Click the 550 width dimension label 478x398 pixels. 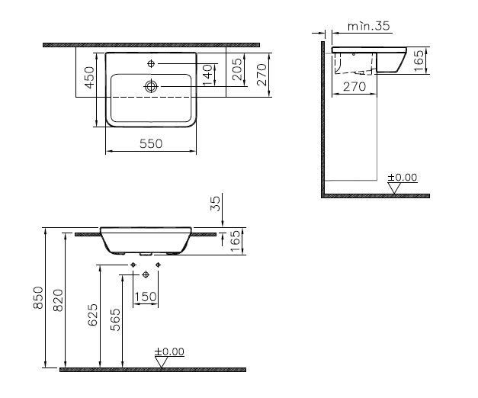(151, 143)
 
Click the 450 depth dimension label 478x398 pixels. (89, 78)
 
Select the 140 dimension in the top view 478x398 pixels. (207, 75)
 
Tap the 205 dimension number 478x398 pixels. (238, 69)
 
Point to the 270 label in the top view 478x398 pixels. (261, 75)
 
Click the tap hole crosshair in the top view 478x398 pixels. (151, 63)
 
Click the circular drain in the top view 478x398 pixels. (151, 86)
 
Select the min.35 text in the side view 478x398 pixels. (368, 26)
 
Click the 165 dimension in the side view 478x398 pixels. (419, 61)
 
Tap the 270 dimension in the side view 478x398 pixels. (354, 87)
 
